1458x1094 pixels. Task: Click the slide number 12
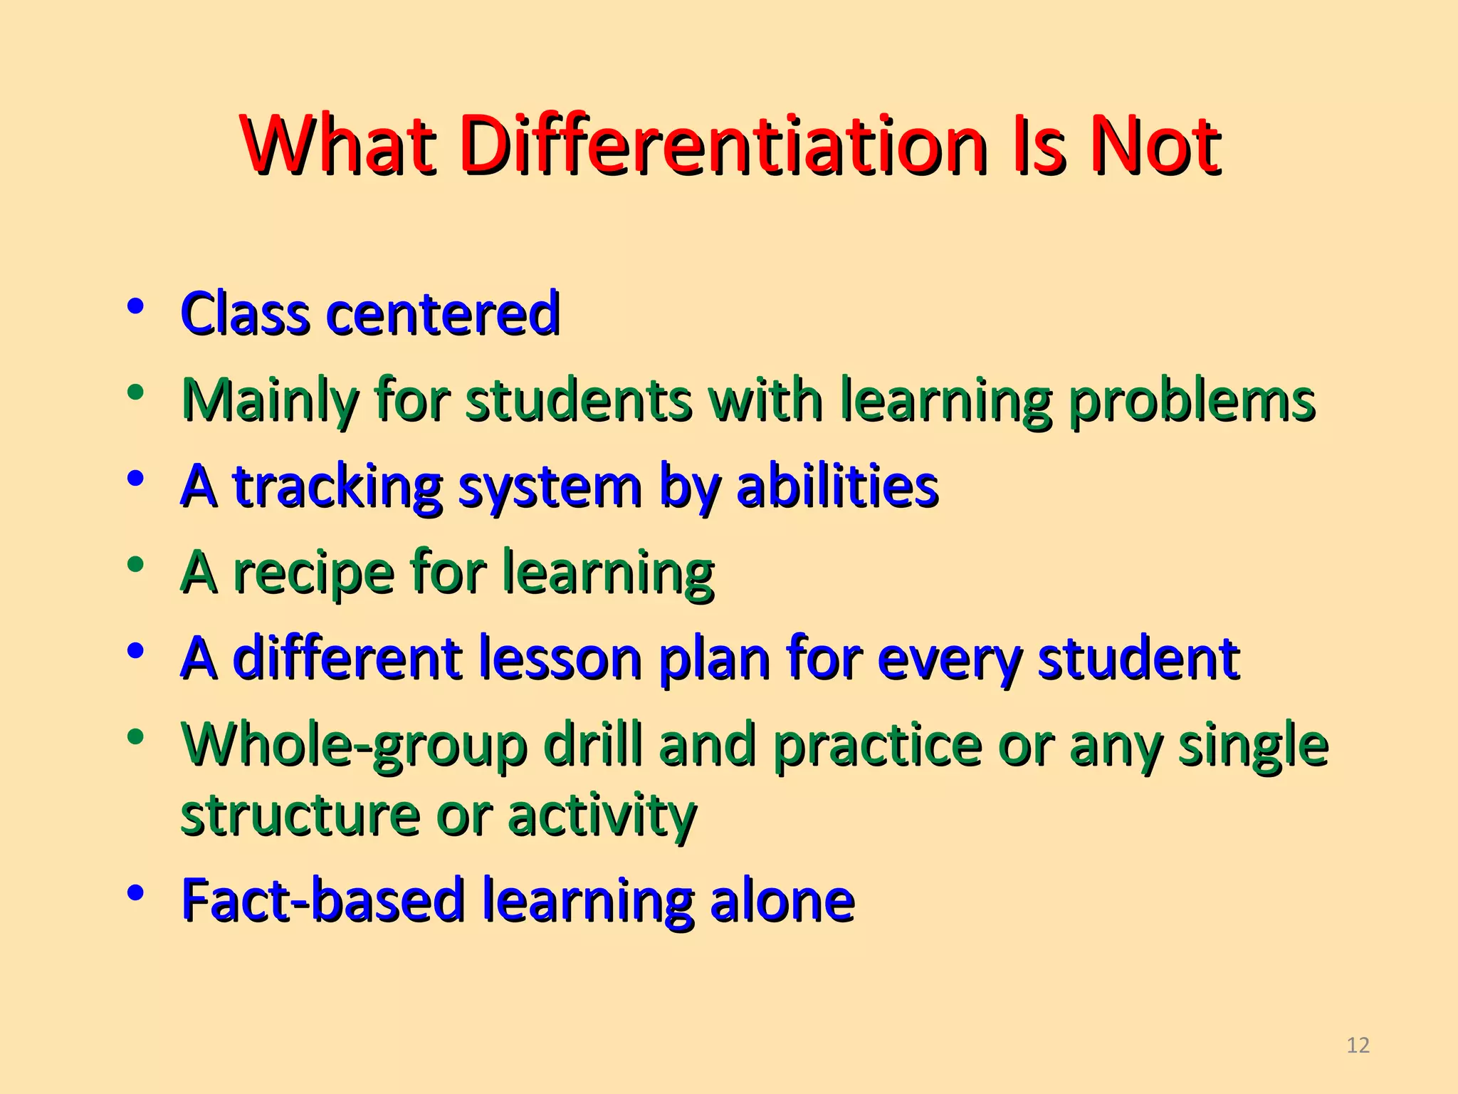1358,1045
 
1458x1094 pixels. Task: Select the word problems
1192,400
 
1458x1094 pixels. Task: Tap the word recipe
313,572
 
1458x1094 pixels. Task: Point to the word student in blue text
1138,658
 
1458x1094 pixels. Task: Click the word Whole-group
354,745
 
